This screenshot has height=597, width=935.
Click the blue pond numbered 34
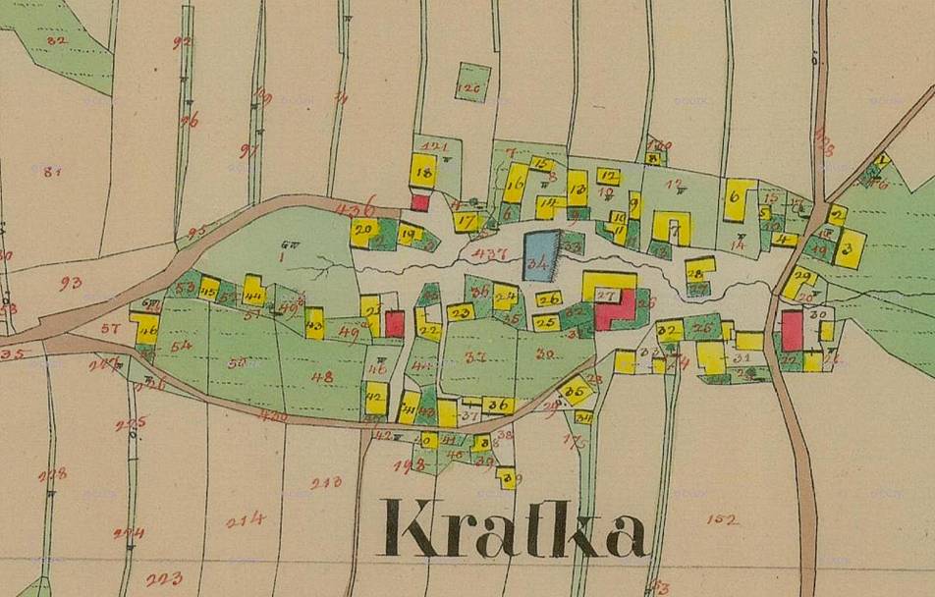click(539, 256)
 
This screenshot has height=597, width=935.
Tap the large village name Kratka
click(515, 530)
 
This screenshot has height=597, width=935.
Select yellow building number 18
click(423, 171)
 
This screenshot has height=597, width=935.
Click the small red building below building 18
click(420, 202)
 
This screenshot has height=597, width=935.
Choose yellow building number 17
click(467, 222)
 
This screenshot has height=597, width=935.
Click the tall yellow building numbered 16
click(516, 183)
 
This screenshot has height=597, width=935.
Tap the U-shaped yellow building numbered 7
click(673, 228)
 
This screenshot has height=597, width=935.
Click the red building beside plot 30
click(792, 331)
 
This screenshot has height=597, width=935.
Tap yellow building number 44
click(253, 291)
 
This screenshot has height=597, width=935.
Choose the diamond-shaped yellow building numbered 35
click(577, 391)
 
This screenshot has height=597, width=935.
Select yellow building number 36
click(498, 405)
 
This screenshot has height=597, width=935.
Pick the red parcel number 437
click(488, 253)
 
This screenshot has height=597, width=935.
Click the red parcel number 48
click(322, 376)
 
